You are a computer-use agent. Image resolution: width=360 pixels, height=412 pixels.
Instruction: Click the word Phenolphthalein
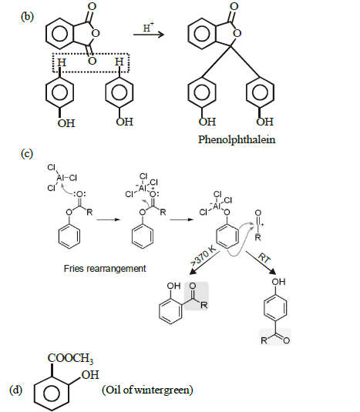(x=237, y=139)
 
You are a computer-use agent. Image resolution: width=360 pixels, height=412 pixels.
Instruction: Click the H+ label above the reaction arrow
(x=149, y=27)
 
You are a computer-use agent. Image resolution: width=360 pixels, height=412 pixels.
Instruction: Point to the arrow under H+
(x=149, y=35)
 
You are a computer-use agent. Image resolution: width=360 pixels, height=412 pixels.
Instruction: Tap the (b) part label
(x=27, y=17)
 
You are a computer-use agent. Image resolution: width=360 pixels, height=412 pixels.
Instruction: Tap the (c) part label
(x=26, y=153)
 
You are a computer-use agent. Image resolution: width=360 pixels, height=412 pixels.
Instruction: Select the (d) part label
(x=15, y=390)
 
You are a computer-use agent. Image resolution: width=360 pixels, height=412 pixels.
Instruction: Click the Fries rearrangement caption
(x=105, y=269)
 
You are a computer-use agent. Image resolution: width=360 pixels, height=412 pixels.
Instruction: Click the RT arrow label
(x=264, y=258)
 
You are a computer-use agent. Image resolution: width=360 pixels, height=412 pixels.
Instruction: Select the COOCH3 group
(x=70, y=358)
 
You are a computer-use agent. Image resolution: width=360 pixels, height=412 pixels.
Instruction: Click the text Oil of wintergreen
(x=147, y=390)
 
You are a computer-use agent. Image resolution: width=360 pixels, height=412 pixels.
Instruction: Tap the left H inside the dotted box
(x=62, y=62)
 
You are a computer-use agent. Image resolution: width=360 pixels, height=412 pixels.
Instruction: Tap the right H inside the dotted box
(x=119, y=62)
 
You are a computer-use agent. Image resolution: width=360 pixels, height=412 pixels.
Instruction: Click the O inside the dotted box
(x=92, y=61)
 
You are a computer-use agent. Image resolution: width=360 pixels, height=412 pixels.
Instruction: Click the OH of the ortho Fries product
(x=173, y=286)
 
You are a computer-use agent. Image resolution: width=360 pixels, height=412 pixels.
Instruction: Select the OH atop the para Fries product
(x=278, y=282)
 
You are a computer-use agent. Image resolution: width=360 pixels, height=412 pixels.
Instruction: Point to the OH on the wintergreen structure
(x=90, y=375)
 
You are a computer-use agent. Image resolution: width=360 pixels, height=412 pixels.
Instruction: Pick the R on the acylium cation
(x=258, y=237)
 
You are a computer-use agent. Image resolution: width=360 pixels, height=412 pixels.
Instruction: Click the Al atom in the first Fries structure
(x=60, y=178)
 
